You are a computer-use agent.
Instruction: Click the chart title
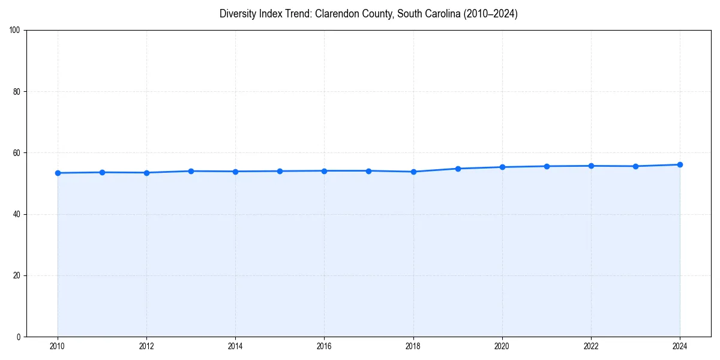click(x=368, y=14)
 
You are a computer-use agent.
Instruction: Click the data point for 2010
click(x=58, y=173)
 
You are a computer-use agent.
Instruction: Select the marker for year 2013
click(x=191, y=171)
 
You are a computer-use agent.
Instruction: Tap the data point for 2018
click(x=413, y=172)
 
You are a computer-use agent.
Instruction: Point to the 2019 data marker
click(x=458, y=169)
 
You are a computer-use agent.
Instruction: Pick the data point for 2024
click(x=680, y=164)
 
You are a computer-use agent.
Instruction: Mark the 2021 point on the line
click(x=547, y=166)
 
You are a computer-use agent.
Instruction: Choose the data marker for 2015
click(x=280, y=171)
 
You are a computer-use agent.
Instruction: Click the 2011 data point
click(x=102, y=172)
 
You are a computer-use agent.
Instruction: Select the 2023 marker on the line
click(x=635, y=166)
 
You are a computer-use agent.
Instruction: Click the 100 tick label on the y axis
click(x=15, y=31)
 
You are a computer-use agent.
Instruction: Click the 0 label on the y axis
click(x=19, y=337)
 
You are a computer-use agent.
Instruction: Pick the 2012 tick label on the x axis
click(x=146, y=346)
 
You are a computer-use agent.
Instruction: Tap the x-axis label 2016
click(x=324, y=346)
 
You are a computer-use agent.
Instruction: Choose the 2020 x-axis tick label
click(x=502, y=346)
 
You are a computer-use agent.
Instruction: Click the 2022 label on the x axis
click(x=591, y=346)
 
